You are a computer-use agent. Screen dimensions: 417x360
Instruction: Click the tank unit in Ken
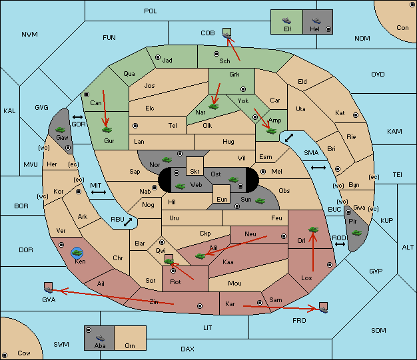[77, 252]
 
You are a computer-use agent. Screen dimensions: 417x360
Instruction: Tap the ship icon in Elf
[286, 21]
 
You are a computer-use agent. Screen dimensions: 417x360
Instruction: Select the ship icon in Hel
[316, 21]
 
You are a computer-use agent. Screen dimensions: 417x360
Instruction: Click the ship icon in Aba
[100, 337]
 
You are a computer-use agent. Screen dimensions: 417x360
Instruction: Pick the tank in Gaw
[61, 130]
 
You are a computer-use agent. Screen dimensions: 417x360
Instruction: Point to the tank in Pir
[356, 233]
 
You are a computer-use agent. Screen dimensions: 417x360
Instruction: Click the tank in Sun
[260, 201]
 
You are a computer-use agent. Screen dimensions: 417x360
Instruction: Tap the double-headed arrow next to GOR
[78, 117]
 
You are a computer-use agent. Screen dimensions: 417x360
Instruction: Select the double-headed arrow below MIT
[99, 192]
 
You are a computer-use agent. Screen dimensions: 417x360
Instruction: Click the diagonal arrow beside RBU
[128, 222]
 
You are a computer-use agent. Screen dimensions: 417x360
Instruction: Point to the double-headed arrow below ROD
[340, 244]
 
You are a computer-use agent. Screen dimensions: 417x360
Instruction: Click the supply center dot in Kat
[356, 115]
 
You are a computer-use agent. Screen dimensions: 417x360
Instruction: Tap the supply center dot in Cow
[5, 355]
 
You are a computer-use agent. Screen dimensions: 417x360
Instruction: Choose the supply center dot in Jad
[158, 57]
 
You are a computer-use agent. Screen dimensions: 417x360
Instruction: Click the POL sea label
[151, 11]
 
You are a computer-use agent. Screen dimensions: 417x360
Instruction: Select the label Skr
[195, 172]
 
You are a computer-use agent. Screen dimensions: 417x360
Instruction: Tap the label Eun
[222, 199]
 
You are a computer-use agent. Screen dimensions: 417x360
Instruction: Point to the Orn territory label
[130, 345]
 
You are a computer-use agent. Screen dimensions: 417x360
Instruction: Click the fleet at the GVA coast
[49, 289]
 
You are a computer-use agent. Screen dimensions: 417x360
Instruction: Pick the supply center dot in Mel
[263, 172]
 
